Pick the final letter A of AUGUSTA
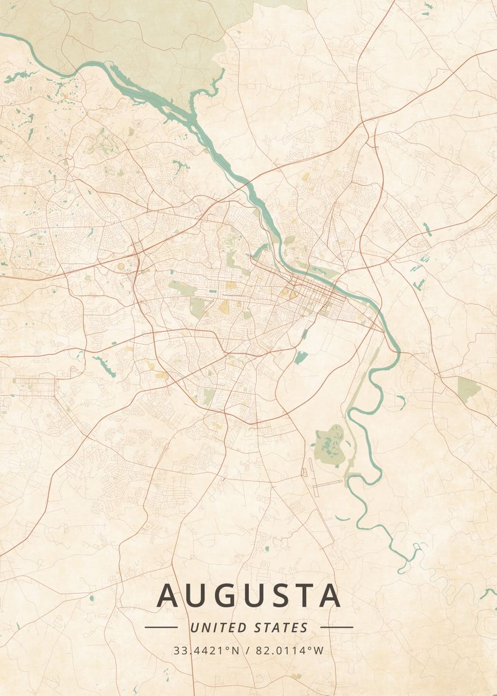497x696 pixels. pyautogui.click(x=328, y=596)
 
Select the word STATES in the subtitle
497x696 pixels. pyautogui.click(x=281, y=628)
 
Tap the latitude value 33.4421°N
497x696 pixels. pyautogui.click(x=206, y=650)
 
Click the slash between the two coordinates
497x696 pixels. pyautogui.click(x=247, y=650)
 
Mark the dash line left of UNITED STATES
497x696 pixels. pyautogui.click(x=161, y=627)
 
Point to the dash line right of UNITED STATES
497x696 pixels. pyautogui.click(x=336, y=627)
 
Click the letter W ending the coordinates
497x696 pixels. pyautogui.click(x=319, y=650)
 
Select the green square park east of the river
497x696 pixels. pyautogui.click(x=468, y=387)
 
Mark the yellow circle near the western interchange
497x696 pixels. pyautogui.click(x=121, y=266)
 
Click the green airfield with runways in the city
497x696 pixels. pyautogui.click(x=199, y=306)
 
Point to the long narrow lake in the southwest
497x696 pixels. pyautogui.click(x=104, y=365)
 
